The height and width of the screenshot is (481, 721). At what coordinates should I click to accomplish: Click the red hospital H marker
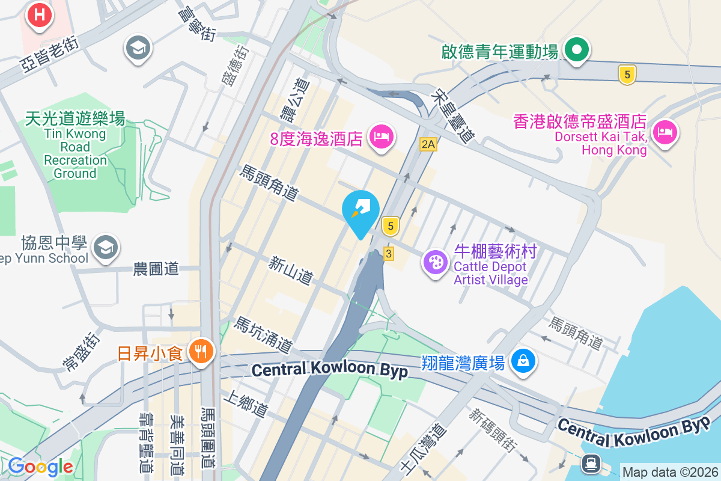[x=40, y=15]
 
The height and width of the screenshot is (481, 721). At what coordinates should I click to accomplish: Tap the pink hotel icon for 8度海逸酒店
[x=380, y=136]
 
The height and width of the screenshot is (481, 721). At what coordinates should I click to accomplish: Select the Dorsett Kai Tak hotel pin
[x=665, y=132]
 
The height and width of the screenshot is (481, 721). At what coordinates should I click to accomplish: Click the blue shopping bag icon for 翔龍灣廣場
[x=523, y=361]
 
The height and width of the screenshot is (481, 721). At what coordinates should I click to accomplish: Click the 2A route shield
[x=428, y=144]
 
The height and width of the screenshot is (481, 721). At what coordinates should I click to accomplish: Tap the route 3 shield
[x=389, y=254]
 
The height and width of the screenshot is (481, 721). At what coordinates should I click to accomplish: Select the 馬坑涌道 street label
[x=264, y=335]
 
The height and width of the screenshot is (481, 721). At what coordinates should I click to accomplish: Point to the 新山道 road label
[x=291, y=271]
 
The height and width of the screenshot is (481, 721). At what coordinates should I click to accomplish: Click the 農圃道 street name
[x=156, y=269]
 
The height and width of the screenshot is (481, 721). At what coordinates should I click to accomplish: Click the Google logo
[x=41, y=466]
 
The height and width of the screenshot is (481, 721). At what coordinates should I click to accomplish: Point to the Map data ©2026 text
[x=670, y=472]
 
